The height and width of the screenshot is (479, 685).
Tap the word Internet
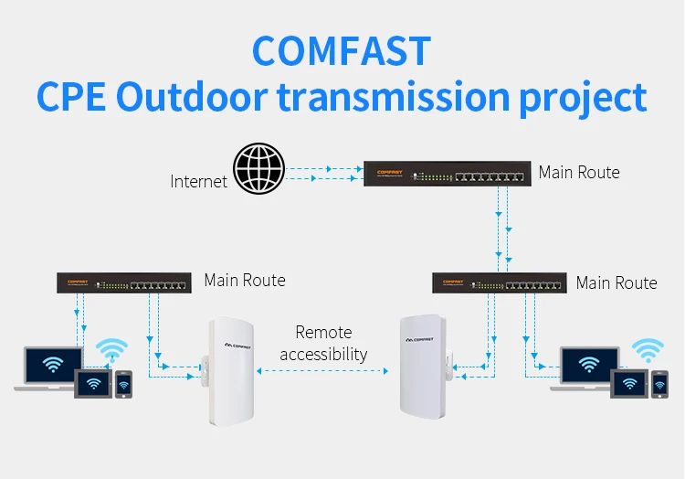[198, 181]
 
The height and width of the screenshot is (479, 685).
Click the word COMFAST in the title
[341, 50]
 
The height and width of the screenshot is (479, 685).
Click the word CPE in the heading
[71, 97]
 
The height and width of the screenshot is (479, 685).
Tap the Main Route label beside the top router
[579, 172]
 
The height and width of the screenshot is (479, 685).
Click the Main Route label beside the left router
[245, 281]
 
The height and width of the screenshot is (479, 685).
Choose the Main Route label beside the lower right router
[616, 282]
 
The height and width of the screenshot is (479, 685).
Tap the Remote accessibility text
[323, 343]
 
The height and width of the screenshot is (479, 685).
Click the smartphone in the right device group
[659, 384]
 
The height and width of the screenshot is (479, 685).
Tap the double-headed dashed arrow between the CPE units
[323, 370]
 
